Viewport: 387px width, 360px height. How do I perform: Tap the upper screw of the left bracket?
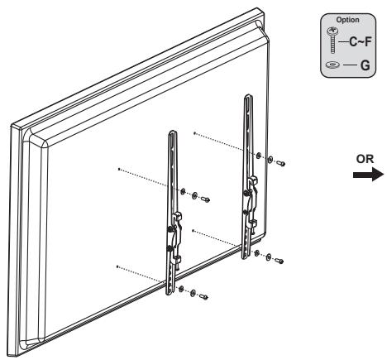tap(205, 198)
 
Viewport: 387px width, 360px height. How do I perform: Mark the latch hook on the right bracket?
tap(248, 198)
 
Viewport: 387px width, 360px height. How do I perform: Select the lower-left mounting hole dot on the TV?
tap(119, 266)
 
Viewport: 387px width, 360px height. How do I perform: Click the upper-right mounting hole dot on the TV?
tap(193, 132)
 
